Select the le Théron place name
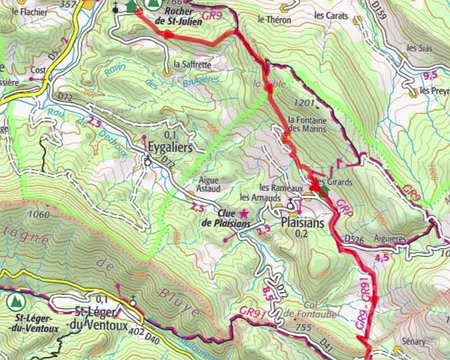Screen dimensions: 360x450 (x=273, y=19)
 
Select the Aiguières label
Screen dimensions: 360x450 (x=391, y=240)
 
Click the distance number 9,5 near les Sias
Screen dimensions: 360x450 (x=431, y=74)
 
